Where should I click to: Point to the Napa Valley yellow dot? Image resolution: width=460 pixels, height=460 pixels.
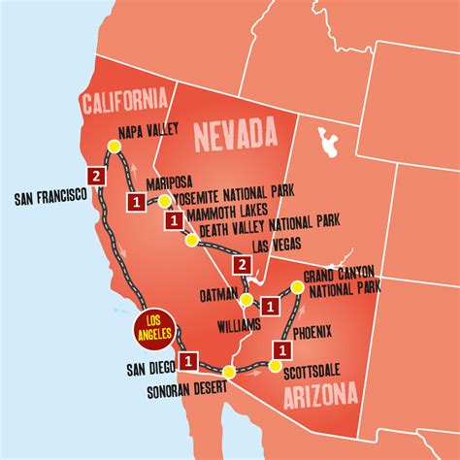point(113,146)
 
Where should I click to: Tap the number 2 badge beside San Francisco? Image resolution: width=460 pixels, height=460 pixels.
point(95,176)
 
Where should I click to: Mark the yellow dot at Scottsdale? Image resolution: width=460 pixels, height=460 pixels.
point(276,366)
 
